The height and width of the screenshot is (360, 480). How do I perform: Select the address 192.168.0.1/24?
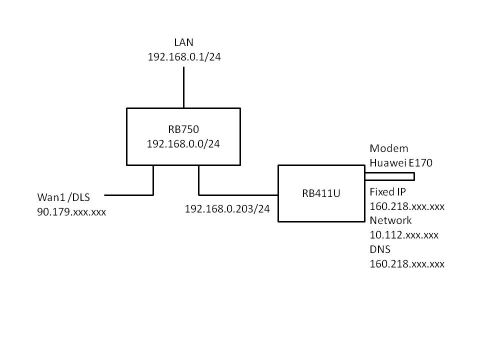click(x=184, y=57)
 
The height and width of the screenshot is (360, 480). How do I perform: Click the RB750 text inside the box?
click(x=183, y=129)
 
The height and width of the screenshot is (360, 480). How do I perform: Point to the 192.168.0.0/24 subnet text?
click(x=183, y=143)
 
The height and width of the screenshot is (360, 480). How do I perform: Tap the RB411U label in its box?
click(x=321, y=194)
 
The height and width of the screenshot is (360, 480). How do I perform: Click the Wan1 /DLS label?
click(x=69, y=198)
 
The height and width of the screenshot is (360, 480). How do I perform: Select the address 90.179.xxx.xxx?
click(x=71, y=212)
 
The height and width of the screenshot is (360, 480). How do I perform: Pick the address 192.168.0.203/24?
click(x=227, y=209)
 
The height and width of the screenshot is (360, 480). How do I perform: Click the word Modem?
click(x=388, y=148)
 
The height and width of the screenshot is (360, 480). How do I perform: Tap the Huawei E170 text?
click(x=401, y=162)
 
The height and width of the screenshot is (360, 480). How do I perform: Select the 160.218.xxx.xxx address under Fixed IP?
click(x=406, y=206)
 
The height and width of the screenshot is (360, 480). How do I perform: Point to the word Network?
click(x=390, y=220)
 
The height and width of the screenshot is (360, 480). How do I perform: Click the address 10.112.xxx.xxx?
click(x=404, y=235)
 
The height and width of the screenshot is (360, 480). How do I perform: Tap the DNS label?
click(x=380, y=249)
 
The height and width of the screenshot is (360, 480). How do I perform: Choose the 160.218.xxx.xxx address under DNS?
click(x=406, y=263)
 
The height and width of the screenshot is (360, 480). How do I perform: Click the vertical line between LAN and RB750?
click(x=183, y=87)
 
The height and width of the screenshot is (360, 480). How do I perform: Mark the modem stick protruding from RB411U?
click(x=390, y=176)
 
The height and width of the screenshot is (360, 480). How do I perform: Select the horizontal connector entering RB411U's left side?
click(x=238, y=194)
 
